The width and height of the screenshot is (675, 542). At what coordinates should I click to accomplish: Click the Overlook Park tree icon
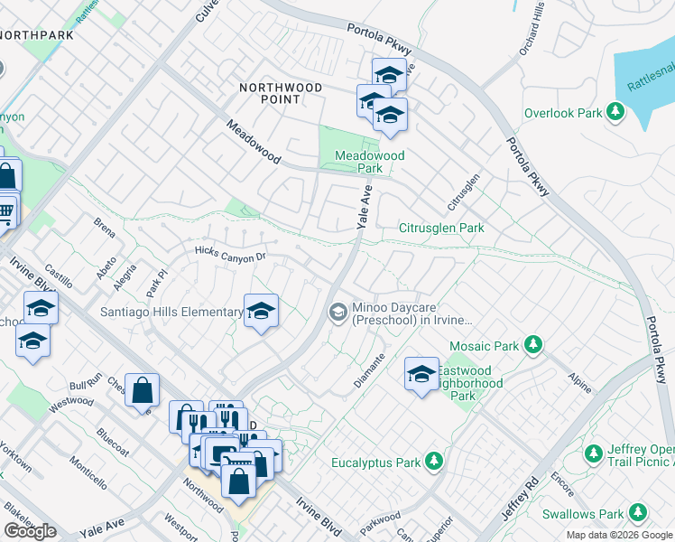(615, 112)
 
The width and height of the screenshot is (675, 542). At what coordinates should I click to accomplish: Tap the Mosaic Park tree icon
(533, 344)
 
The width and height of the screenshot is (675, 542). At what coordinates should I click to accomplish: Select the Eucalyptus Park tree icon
(434, 462)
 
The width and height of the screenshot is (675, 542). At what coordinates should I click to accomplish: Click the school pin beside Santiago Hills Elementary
(260, 312)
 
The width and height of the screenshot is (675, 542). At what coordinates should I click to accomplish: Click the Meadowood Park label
(369, 162)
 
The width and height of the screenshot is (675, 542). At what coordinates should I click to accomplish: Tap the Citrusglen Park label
(441, 228)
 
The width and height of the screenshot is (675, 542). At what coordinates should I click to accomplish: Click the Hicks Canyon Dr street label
(231, 255)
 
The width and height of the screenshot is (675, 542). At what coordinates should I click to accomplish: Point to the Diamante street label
(370, 370)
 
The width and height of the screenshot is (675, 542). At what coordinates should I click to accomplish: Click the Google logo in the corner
(30, 531)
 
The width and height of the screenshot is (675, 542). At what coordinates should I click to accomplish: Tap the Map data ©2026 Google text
(618, 535)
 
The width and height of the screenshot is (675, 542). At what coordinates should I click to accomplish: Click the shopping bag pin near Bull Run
(142, 390)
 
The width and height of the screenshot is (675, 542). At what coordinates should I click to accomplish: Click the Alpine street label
(580, 382)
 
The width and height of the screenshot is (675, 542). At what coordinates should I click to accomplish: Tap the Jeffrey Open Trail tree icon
(594, 452)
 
